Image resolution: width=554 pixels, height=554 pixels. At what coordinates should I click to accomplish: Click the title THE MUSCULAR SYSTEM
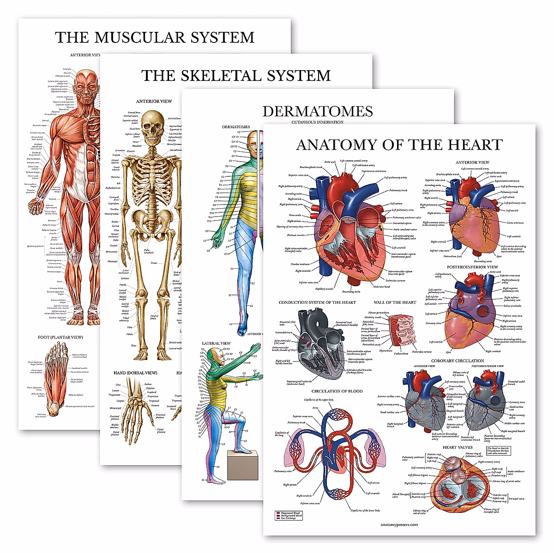(155, 37)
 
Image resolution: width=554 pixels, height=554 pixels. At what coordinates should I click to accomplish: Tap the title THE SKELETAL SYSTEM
(236, 75)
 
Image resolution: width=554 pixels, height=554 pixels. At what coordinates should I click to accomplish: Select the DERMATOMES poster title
(318, 111)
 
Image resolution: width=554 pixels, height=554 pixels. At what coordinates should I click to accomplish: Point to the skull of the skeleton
(153, 127)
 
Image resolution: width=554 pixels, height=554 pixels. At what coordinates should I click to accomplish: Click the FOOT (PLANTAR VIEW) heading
(60, 337)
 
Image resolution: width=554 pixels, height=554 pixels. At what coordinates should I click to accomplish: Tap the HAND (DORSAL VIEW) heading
(135, 373)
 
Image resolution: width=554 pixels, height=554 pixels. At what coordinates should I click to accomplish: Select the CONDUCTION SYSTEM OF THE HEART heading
(317, 302)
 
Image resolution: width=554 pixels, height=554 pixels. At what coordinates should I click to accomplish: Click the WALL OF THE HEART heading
(395, 302)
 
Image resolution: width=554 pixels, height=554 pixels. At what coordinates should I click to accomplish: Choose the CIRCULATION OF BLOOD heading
(337, 391)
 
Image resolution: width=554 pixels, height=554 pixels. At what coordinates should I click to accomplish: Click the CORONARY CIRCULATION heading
(458, 361)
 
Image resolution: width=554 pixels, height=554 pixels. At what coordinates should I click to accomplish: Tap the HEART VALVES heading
(458, 447)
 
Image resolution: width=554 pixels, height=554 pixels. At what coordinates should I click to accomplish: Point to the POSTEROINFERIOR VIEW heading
(472, 267)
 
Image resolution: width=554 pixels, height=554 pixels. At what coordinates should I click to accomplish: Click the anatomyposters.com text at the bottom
(399, 524)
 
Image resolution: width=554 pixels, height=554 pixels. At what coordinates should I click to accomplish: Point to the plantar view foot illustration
(51, 383)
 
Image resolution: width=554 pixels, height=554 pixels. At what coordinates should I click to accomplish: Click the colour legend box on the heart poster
(289, 516)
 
